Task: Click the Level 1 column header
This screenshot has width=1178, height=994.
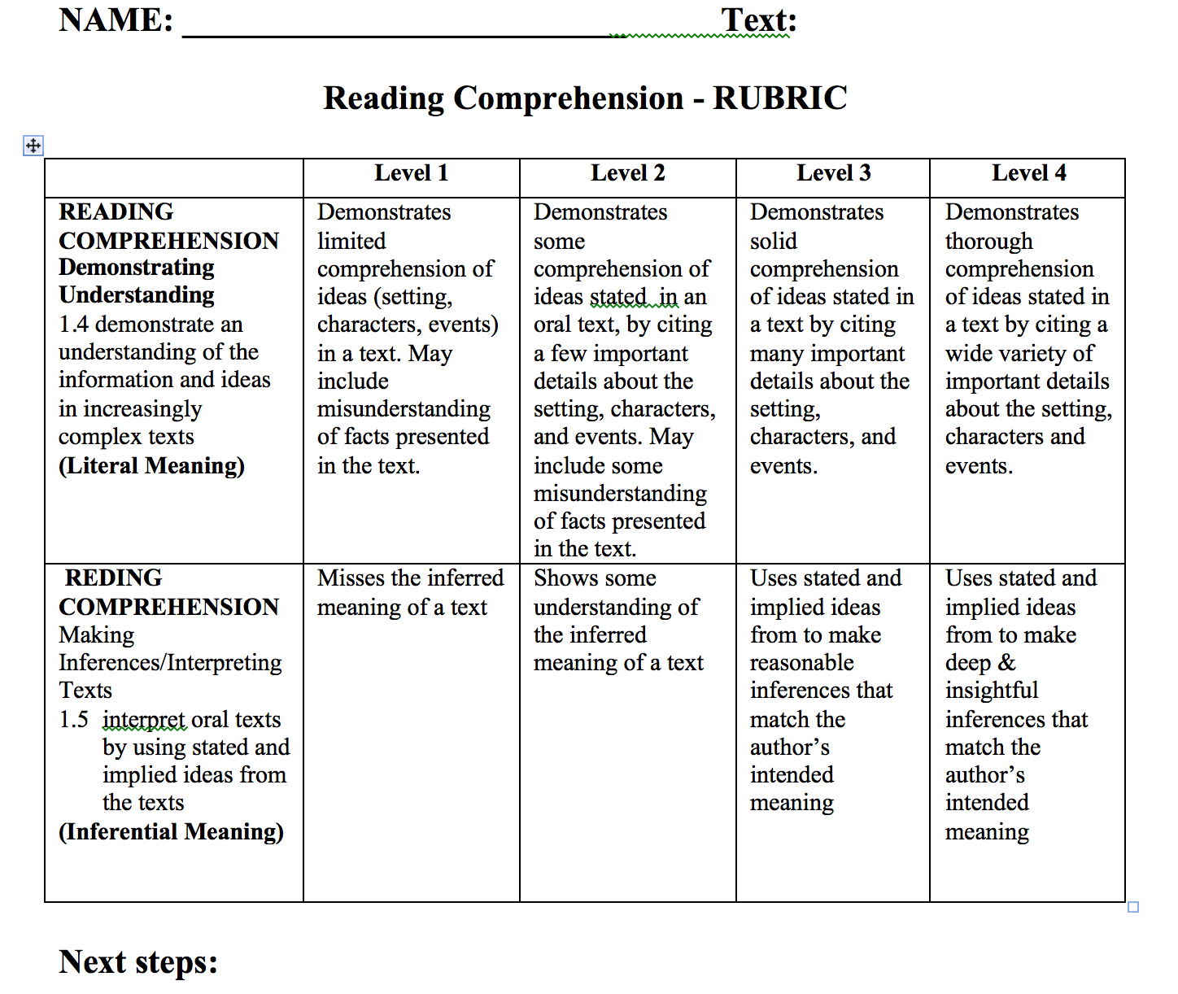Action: [411, 173]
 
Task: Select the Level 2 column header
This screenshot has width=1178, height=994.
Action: [627, 173]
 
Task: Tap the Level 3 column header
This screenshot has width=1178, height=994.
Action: [833, 173]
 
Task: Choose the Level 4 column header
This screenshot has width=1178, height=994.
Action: [1028, 173]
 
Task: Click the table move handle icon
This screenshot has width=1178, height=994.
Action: [33, 146]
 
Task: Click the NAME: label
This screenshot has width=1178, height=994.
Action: [116, 20]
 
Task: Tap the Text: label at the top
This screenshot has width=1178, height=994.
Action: [758, 20]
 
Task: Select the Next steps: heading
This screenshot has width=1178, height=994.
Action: [138, 961]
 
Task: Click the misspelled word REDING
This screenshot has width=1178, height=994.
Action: [113, 578]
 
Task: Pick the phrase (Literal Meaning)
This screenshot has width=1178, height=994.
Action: [151, 466]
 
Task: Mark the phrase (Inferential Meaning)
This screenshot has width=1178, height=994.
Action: [171, 832]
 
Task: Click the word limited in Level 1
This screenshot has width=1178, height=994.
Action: [351, 242]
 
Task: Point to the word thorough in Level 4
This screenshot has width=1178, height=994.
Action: [988, 242]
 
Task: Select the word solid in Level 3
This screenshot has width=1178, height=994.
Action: [773, 242]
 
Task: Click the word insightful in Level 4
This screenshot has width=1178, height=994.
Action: [991, 691]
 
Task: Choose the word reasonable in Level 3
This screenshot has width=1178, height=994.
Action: [801, 663]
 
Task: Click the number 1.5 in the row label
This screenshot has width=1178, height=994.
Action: [73, 720]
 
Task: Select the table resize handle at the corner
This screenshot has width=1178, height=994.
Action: [1133, 907]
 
